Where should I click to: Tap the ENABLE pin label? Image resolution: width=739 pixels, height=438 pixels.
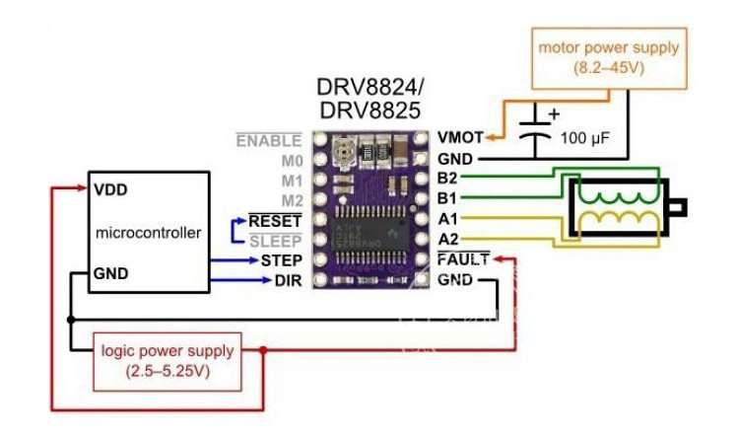[267, 140]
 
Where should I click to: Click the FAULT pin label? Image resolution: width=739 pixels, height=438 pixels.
[461, 260]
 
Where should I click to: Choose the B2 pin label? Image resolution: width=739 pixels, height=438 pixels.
[447, 179]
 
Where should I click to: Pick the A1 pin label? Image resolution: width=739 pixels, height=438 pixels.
[447, 219]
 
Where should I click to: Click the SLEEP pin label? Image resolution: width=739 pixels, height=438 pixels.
[277, 241]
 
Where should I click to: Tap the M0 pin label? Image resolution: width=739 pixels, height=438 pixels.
[290, 160]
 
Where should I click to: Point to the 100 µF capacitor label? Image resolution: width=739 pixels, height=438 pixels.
[585, 139]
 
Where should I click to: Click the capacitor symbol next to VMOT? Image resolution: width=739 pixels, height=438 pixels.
[535, 129]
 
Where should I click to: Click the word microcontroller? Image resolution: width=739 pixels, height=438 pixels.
[149, 233]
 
